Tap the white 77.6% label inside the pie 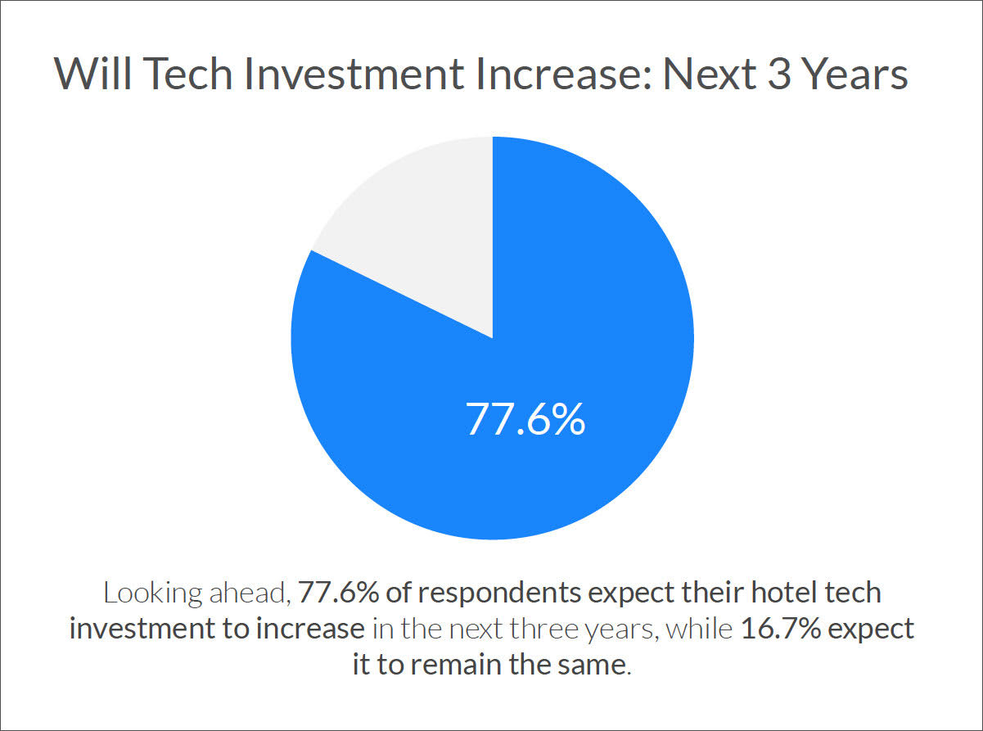525,418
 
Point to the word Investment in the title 338,74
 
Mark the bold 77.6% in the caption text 332,593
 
